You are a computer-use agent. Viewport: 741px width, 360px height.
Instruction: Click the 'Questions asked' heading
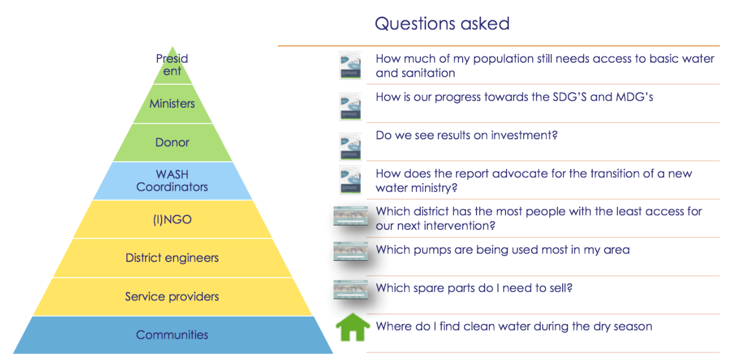pos(442,24)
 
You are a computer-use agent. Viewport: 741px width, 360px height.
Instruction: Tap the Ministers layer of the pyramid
pos(172,104)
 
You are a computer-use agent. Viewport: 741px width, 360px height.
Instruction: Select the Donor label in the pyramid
pos(172,142)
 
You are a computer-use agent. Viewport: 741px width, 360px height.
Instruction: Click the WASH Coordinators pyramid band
pos(172,181)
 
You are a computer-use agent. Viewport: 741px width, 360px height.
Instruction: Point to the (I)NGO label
pos(172,220)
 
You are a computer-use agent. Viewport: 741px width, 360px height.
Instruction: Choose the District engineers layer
pos(172,258)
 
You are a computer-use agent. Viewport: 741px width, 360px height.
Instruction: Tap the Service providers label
pos(172,296)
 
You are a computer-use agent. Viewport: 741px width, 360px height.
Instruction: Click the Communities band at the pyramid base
pos(172,335)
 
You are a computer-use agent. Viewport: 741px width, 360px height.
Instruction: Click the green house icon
pos(353,327)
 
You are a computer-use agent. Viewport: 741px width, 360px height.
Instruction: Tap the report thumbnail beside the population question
pos(350,65)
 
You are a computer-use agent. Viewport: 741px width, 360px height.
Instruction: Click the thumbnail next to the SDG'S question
pos(350,106)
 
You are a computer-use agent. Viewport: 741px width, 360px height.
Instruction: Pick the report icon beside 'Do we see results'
pos(350,147)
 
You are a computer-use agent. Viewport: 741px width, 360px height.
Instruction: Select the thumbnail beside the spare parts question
pos(351,289)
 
